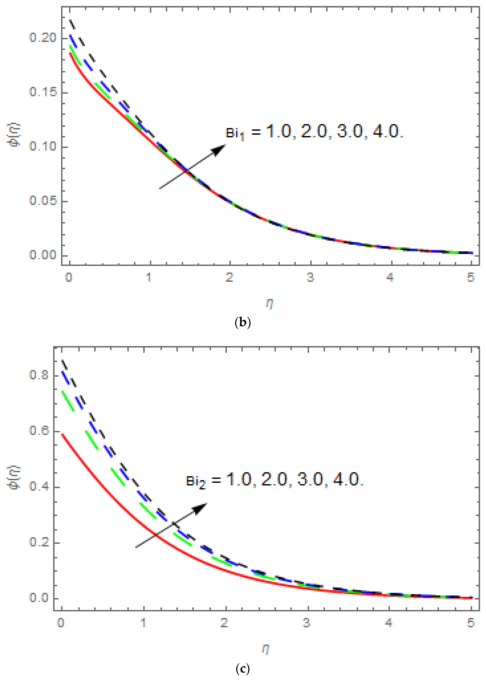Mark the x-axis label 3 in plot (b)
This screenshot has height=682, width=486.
(310, 278)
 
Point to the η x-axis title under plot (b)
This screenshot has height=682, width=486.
(269, 304)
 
